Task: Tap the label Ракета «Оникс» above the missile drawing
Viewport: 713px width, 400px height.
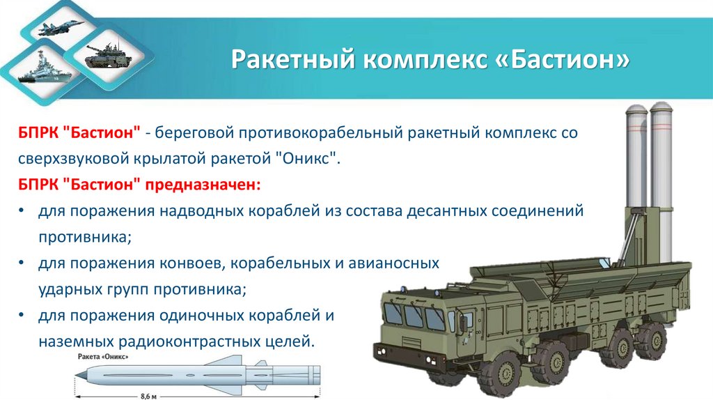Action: point(104,357)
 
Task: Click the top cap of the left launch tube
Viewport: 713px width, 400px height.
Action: point(638,108)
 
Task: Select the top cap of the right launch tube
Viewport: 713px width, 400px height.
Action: point(660,107)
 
